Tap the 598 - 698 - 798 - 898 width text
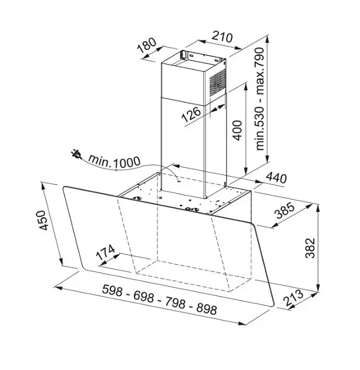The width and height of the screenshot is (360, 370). coord(159,299)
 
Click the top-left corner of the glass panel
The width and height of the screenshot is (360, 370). coord(63,186)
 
